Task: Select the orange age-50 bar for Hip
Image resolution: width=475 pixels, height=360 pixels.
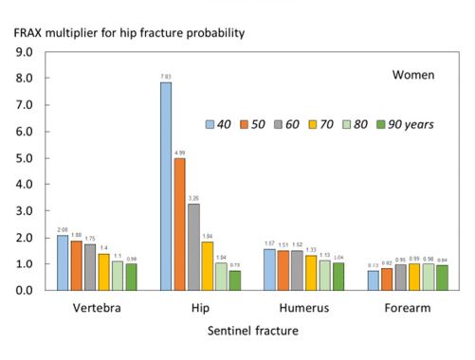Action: (x=179, y=224)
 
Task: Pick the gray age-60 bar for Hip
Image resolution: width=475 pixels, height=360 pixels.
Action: (x=192, y=246)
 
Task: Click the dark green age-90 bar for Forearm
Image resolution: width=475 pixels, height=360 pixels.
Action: (x=441, y=278)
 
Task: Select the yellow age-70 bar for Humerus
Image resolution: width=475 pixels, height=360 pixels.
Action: (x=311, y=272)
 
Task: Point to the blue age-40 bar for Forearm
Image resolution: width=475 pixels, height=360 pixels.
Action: (x=373, y=280)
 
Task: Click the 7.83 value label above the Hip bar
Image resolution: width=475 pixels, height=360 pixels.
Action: (x=166, y=75)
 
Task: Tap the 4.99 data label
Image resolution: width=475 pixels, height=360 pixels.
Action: (x=179, y=151)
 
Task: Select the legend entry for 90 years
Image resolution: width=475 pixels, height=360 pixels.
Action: (x=409, y=124)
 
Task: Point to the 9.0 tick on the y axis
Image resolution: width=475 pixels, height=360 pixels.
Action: (x=26, y=51)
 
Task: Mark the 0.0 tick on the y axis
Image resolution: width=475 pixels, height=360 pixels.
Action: (x=26, y=290)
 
